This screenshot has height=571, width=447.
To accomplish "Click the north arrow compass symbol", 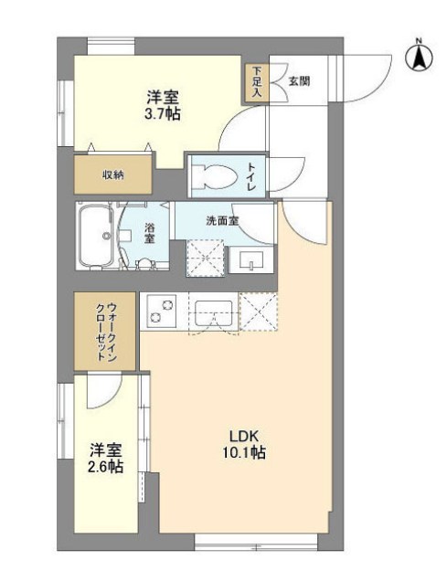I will click(x=419, y=57).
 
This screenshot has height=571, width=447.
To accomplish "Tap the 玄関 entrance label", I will click(x=298, y=81).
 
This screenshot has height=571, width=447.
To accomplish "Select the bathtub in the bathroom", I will click(x=95, y=235).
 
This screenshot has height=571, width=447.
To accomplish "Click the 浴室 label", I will click(x=150, y=233).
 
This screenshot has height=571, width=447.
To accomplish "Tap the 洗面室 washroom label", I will click(x=221, y=220).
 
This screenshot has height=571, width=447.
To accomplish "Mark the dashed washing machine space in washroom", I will click(x=206, y=258).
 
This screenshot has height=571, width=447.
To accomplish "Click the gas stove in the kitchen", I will click(x=161, y=311).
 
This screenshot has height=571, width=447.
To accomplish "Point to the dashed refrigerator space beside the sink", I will click(x=257, y=311).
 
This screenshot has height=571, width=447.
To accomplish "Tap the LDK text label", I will click(x=241, y=434).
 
